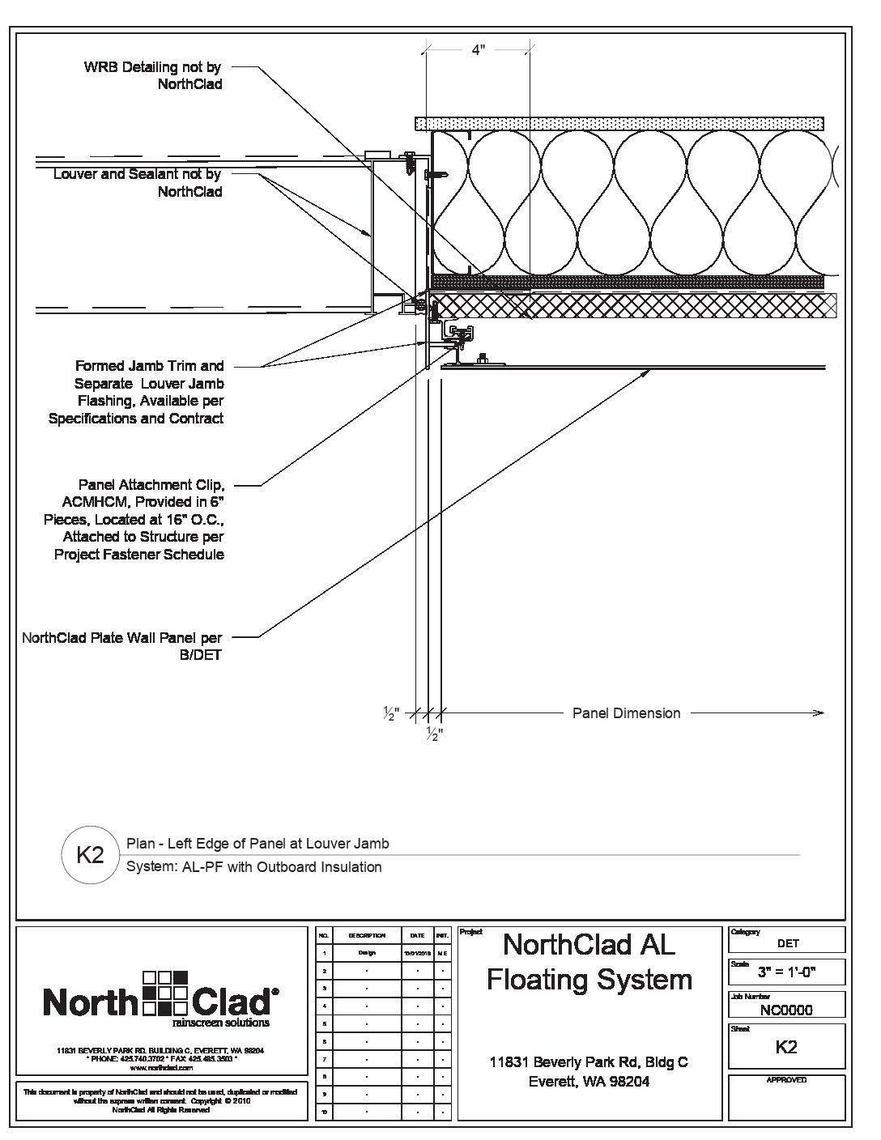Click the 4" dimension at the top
[x=478, y=50]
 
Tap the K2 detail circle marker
[x=89, y=855]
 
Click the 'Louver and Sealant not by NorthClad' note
[x=137, y=183]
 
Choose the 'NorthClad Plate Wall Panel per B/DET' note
[x=121, y=646]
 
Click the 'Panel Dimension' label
[x=626, y=713]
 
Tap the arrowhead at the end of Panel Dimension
[x=819, y=713]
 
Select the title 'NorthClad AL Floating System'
[x=589, y=961]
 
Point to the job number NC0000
[x=786, y=1010]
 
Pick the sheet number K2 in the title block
[x=786, y=1047]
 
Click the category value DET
[x=787, y=943]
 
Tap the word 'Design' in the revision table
[x=367, y=953]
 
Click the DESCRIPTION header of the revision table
[x=367, y=935]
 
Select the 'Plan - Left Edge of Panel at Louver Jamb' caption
[x=257, y=844]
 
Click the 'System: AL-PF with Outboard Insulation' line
[x=253, y=867]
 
